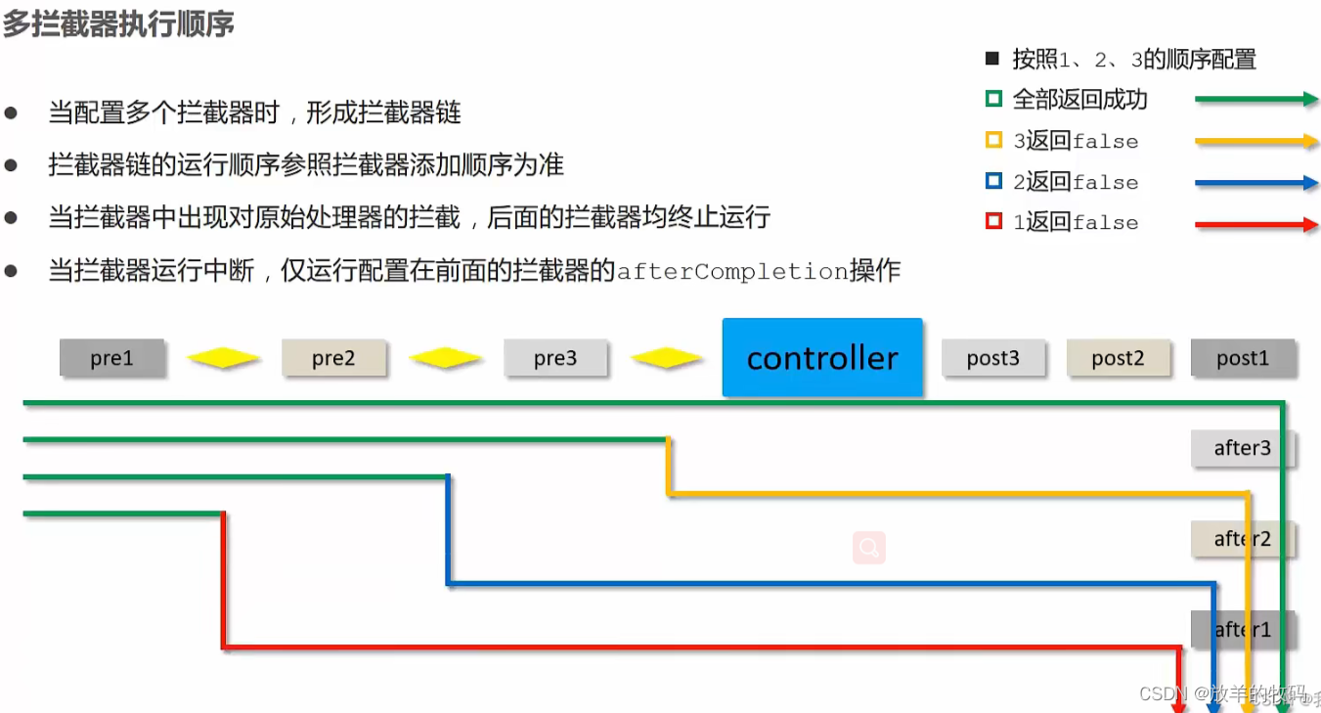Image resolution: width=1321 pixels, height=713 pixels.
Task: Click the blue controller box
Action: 822,358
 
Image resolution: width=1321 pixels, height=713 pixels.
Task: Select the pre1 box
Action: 111,359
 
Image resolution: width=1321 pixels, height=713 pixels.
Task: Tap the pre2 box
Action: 333,359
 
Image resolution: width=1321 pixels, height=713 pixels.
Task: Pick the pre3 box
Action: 555,359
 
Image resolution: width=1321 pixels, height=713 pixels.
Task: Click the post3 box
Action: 993,359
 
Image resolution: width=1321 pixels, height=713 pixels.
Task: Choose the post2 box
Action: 1118,359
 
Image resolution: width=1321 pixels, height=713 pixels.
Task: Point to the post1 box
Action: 1243,359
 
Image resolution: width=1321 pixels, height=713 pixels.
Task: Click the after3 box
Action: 1243,449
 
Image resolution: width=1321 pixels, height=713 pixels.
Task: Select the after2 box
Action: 1243,539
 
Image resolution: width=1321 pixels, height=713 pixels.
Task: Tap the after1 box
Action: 1243,630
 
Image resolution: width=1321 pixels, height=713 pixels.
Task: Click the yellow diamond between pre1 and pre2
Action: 223,359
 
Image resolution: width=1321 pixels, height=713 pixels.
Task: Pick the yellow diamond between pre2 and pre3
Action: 445,359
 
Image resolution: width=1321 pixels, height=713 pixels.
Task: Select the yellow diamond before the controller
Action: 667,359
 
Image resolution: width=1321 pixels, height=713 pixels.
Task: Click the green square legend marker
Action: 993,99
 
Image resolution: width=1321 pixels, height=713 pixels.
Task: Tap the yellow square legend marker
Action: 993,140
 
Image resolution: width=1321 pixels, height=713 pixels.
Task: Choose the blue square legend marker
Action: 993,181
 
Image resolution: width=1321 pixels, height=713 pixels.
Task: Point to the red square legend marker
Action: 993,222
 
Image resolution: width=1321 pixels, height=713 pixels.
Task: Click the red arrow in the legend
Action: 1256,224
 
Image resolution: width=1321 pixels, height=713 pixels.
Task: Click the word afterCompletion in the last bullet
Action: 732,271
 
